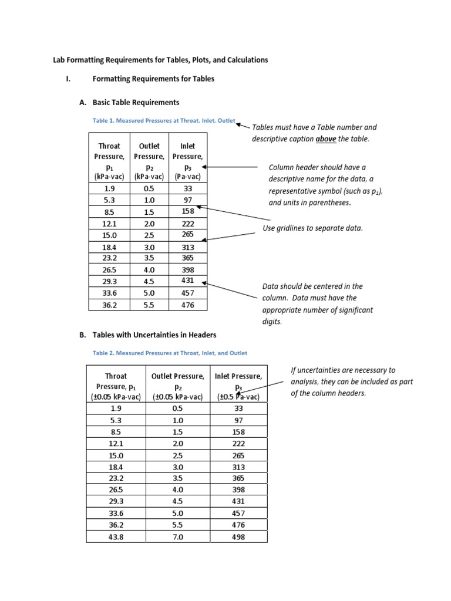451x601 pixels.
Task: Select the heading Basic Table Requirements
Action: tap(136, 102)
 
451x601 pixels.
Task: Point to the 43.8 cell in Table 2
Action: tap(116, 536)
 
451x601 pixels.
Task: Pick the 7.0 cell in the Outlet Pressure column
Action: tap(178, 536)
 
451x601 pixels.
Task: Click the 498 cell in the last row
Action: tap(238, 536)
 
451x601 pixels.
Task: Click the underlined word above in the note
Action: tap(326, 139)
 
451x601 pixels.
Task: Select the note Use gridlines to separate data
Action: tap(312, 228)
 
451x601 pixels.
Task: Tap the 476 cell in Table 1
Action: tap(187, 305)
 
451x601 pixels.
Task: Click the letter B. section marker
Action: tap(83, 335)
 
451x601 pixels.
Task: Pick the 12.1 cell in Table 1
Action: tap(109, 224)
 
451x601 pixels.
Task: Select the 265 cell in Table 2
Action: tap(238, 455)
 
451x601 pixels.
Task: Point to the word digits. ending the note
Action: tap(272, 322)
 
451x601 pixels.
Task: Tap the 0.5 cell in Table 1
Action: tap(149, 189)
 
